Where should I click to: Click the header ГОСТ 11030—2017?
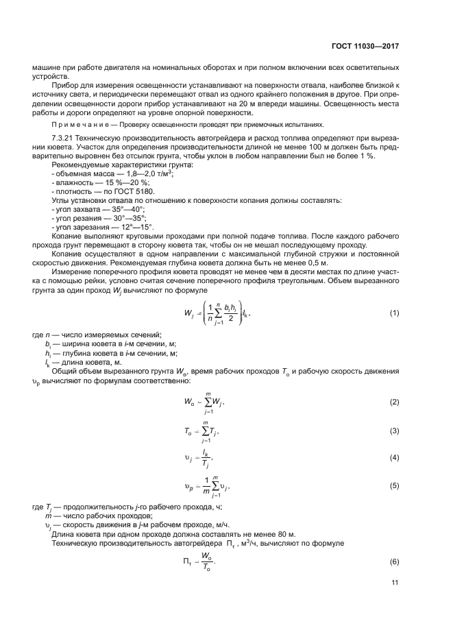368,46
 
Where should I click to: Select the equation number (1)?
394,313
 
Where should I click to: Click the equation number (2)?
394,401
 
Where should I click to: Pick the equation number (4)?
394,457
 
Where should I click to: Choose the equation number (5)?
394,485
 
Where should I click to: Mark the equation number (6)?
394,561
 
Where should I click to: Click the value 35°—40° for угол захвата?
129,209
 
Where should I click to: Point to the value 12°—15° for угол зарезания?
136,227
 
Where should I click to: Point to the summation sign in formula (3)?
206,431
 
